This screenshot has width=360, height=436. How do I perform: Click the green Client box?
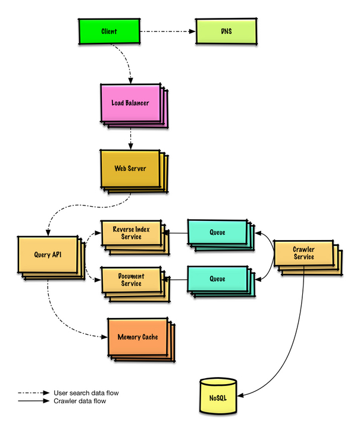tap(109, 31)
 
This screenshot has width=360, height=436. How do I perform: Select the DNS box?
tap(226, 31)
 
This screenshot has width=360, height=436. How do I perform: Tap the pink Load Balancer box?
tap(130, 102)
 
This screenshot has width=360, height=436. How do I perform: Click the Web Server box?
tap(130, 169)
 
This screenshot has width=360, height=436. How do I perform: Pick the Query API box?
tap(48, 255)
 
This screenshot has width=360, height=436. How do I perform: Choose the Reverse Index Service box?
tap(130, 233)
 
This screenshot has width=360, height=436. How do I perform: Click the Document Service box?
tap(130, 280)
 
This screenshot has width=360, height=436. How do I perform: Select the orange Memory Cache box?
tap(137, 337)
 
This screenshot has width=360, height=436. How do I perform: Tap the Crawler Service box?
tap(303, 253)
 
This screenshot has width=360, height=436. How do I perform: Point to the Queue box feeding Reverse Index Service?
tap(218, 232)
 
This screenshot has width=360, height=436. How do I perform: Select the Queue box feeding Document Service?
tap(218, 278)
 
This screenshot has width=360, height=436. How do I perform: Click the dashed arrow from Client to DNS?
tap(168, 31)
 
